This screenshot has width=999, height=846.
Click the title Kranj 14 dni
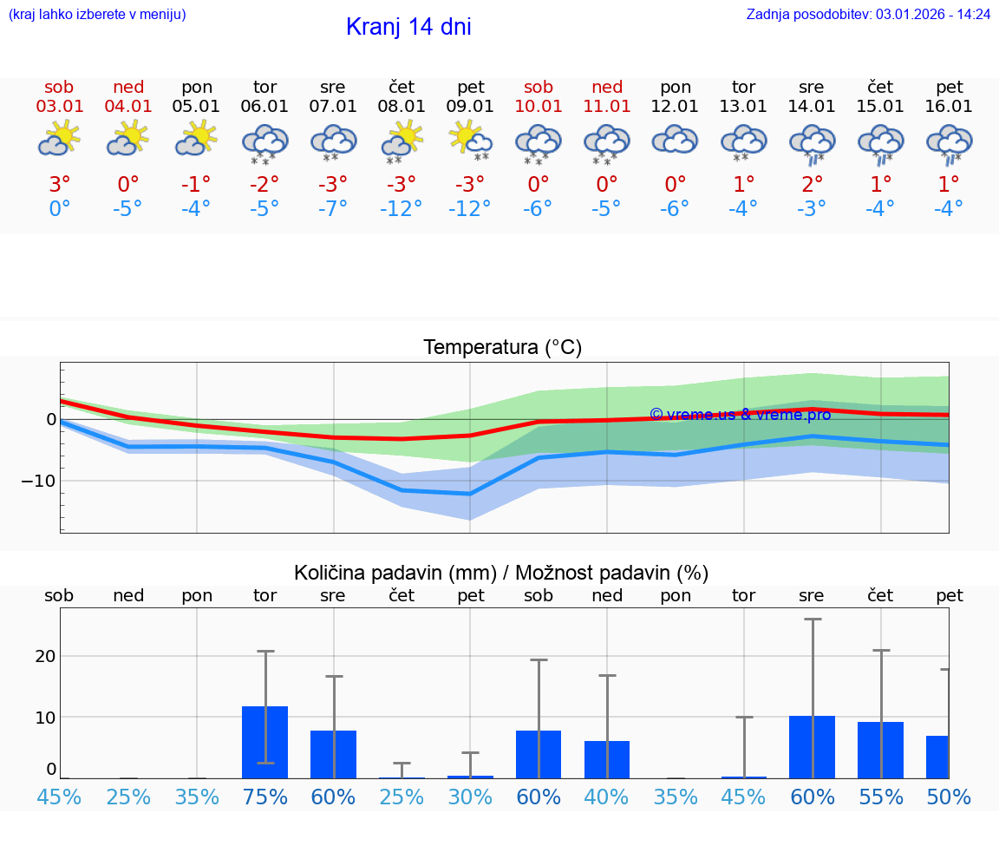point(408,27)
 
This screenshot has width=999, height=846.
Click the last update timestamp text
point(868,14)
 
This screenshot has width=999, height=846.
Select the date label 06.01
point(264,107)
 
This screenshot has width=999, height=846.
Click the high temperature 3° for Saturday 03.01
point(59,184)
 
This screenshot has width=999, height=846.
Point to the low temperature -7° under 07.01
point(333,208)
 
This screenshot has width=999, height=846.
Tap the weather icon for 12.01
point(676,139)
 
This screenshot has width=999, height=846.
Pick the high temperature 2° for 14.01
point(813,184)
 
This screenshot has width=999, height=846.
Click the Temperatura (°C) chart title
point(502,348)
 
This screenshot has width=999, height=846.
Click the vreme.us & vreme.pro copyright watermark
point(740,415)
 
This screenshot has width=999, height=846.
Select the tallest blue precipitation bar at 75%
point(264,742)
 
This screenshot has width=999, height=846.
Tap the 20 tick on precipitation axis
point(45,656)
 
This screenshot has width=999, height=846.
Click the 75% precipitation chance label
point(264,797)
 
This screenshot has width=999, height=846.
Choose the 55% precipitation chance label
point(881,797)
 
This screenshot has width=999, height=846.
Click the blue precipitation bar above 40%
point(607,759)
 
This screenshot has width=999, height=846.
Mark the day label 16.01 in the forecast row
point(950,107)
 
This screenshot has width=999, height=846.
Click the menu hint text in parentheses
point(97,14)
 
